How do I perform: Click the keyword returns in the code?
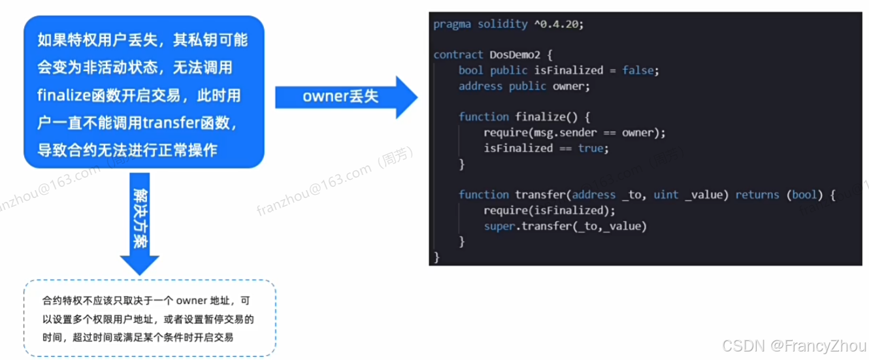[x=757, y=195]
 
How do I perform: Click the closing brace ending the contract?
[x=436, y=257]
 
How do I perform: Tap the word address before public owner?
[x=480, y=86]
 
